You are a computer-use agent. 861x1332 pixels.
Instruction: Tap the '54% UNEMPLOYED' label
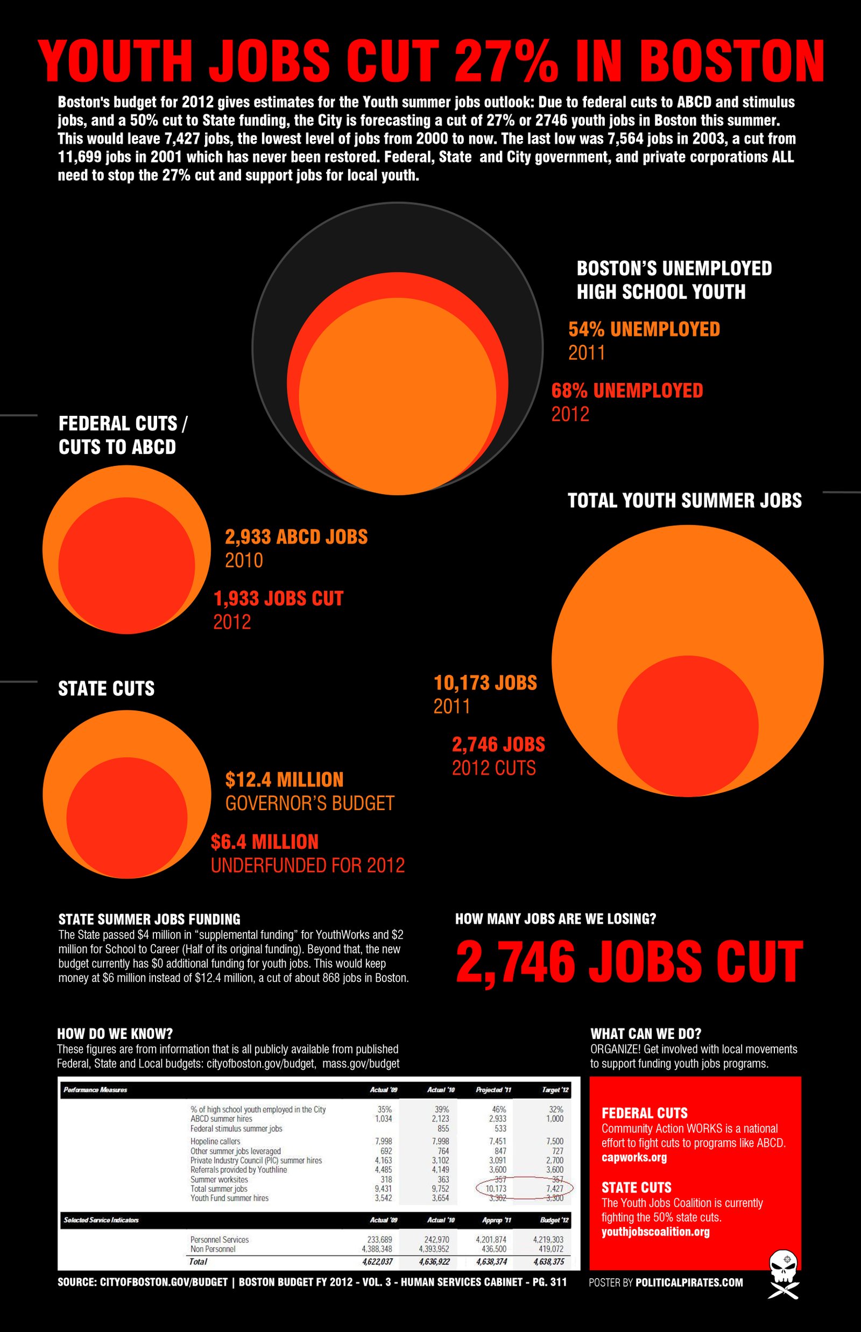click(644, 329)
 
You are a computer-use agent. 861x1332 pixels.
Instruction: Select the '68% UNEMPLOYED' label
click(627, 390)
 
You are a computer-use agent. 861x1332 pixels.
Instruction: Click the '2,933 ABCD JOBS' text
click(297, 537)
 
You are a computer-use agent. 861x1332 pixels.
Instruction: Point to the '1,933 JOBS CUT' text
click(278, 598)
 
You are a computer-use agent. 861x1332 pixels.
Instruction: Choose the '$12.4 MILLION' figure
click(284, 780)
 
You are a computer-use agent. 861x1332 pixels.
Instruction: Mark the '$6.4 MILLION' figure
click(264, 842)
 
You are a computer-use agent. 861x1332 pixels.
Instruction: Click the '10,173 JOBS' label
click(485, 683)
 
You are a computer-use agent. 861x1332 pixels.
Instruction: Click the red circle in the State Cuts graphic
click(127, 817)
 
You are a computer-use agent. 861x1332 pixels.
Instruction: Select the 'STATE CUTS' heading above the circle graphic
click(106, 689)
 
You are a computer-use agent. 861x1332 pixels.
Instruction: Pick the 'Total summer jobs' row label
click(218, 1189)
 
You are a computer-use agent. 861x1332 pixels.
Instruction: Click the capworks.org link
click(634, 1157)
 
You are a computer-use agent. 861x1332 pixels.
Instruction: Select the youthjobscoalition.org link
click(655, 1231)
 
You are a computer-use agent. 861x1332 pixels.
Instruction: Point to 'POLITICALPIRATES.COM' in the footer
click(689, 1282)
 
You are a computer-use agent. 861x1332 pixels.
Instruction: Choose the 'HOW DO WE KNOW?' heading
click(115, 1033)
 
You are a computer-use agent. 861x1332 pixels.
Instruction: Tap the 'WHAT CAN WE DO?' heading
click(646, 1033)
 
